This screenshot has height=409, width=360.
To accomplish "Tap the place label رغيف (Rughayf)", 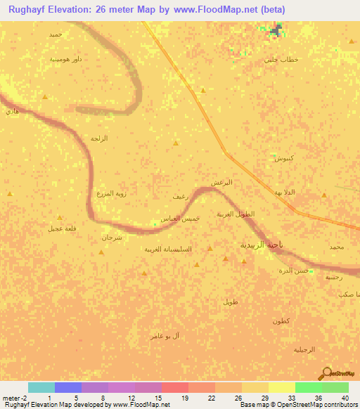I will (179, 199).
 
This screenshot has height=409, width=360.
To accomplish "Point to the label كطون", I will (282, 320).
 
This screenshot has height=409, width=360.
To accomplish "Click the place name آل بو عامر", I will (165, 337).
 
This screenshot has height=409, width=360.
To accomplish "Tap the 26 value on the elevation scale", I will (228, 398).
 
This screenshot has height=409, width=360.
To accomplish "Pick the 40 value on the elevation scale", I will (345, 398).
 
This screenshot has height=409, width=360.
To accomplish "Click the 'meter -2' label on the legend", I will (14, 398).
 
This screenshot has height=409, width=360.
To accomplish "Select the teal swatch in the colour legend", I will (41, 387).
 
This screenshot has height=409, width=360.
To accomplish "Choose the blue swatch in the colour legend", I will (68, 387).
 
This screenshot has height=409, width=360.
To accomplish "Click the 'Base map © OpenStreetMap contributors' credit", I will (297, 405).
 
